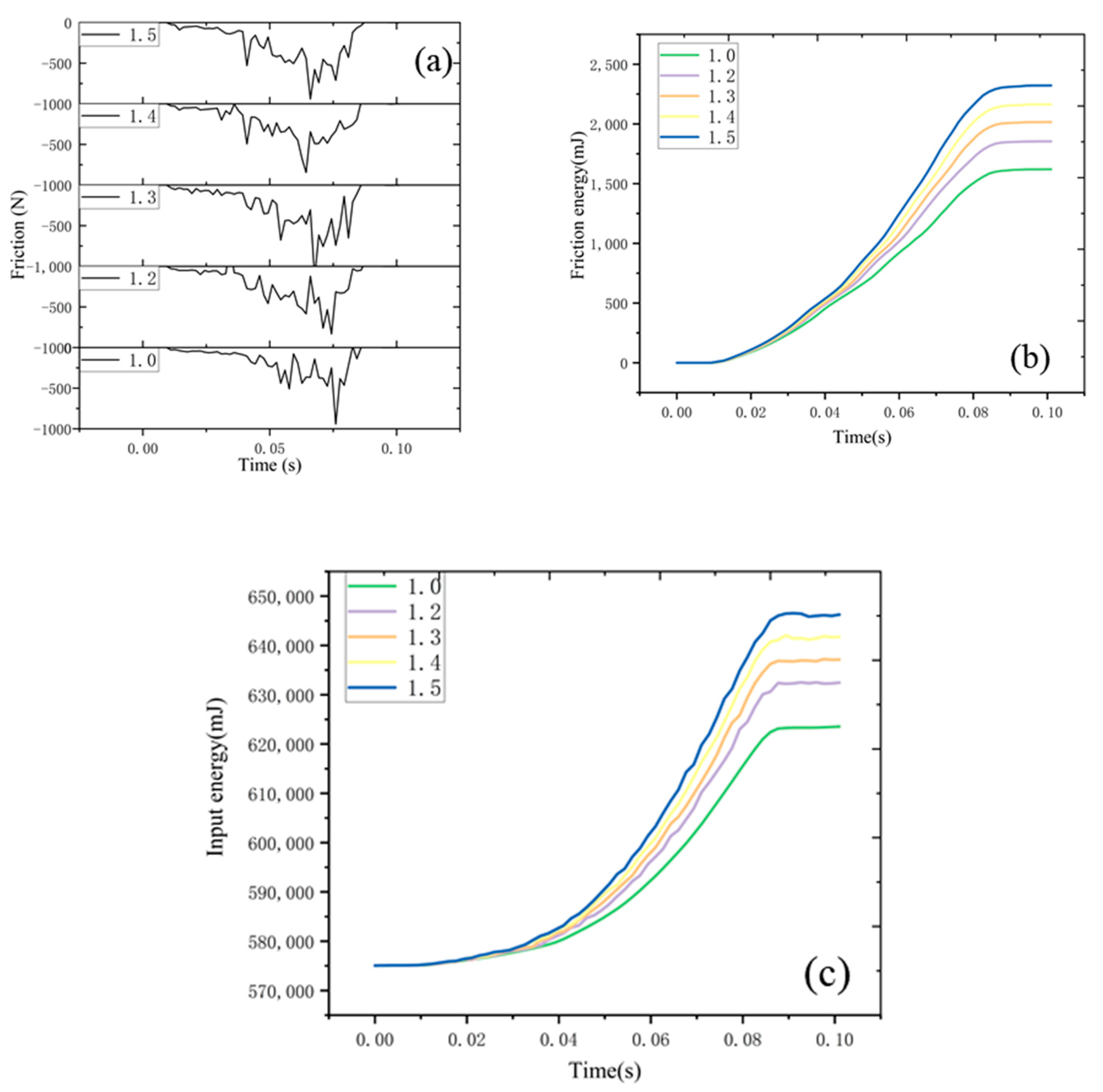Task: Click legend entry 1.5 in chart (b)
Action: tap(721, 138)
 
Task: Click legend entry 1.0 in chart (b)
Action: tap(721, 55)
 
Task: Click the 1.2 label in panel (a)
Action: tap(142, 279)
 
